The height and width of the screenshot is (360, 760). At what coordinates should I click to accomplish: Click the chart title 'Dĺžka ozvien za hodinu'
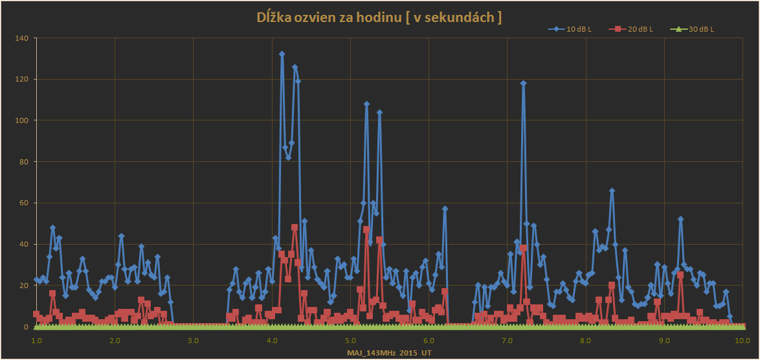[x=379, y=18]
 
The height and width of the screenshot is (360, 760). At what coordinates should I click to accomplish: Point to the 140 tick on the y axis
[x=21, y=38]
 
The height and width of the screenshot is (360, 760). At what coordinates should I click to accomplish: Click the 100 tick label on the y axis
[x=21, y=120]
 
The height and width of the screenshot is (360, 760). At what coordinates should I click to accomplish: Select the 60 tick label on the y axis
[x=23, y=203]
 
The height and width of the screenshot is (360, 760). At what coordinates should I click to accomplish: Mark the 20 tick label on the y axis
[x=23, y=286]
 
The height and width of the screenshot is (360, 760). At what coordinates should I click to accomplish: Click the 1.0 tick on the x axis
[x=36, y=340]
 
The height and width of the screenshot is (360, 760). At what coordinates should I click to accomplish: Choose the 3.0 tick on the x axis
[x=193, y=340]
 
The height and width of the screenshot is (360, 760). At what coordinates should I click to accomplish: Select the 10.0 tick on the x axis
[x=742, y=340]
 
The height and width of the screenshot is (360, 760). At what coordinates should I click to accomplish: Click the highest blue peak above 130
[x=282, y=54]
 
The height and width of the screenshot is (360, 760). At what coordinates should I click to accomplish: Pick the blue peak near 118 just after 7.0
[x=523, y=83]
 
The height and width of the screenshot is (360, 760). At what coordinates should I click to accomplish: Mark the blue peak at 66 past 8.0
[x=612, y=191]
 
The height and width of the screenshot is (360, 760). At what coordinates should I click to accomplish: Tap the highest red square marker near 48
[x=295, y=227]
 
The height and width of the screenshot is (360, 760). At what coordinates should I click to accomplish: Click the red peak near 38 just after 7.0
[x=523, y=248]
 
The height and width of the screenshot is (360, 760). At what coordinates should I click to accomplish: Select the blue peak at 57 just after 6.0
[x=445, y=209]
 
